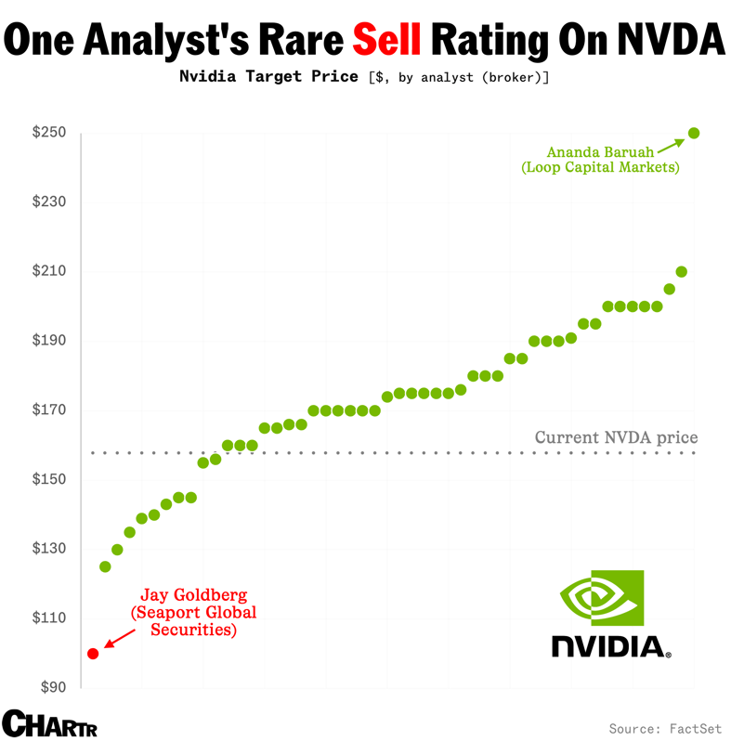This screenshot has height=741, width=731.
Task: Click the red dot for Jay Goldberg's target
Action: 93,653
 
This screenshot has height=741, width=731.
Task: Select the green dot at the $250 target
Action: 694,133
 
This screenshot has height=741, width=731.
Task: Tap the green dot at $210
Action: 682,271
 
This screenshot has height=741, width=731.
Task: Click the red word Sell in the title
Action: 387,39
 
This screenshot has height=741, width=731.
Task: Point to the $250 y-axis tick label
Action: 49,133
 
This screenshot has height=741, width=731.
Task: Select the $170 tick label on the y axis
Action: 49,410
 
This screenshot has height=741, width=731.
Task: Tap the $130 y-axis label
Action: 49,549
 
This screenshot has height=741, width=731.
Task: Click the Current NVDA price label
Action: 616,437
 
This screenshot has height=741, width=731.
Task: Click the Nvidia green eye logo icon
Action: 601,598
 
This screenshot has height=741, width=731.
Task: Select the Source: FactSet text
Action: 664,727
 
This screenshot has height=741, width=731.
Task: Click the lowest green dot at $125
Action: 105,566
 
